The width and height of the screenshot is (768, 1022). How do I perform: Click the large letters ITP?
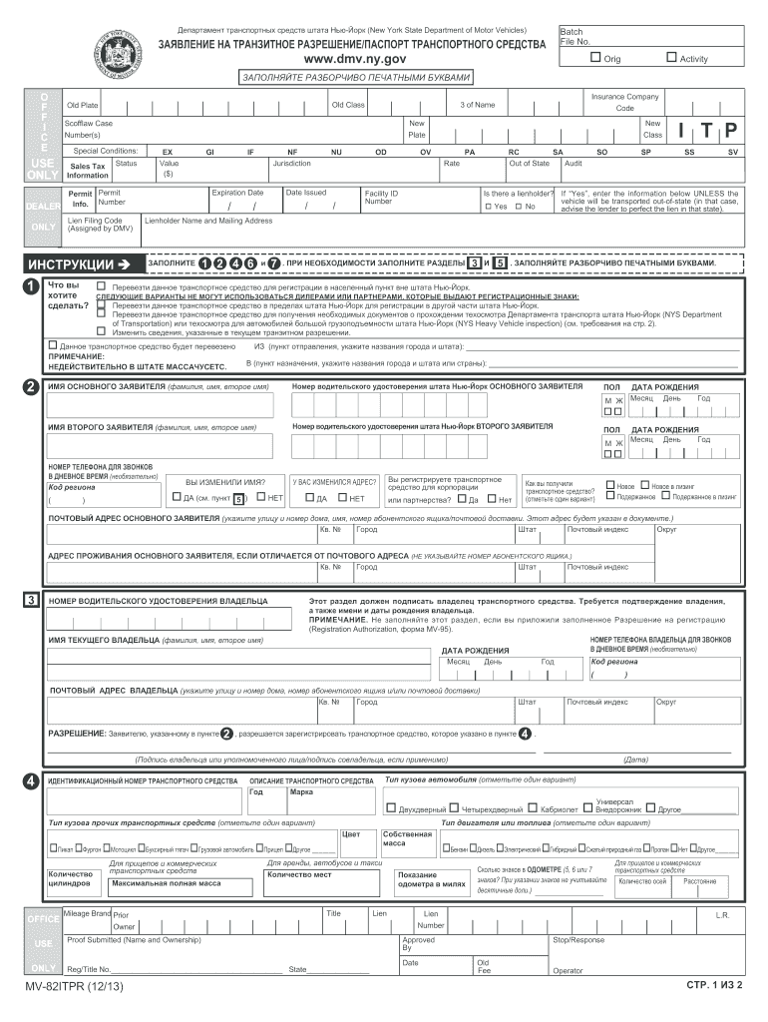[x=705, y=131]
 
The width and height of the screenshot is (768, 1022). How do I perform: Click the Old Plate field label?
[x=82, y=105]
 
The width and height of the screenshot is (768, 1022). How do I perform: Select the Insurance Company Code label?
[x=624, y=102]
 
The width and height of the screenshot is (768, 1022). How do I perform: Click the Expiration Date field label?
[x=237, y=192]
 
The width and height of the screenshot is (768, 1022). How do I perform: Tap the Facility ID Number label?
[x=381, y=197]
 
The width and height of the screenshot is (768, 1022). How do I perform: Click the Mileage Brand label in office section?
[x=87, y=913]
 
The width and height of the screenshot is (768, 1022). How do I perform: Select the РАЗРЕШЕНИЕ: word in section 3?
[x=77, y=734]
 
